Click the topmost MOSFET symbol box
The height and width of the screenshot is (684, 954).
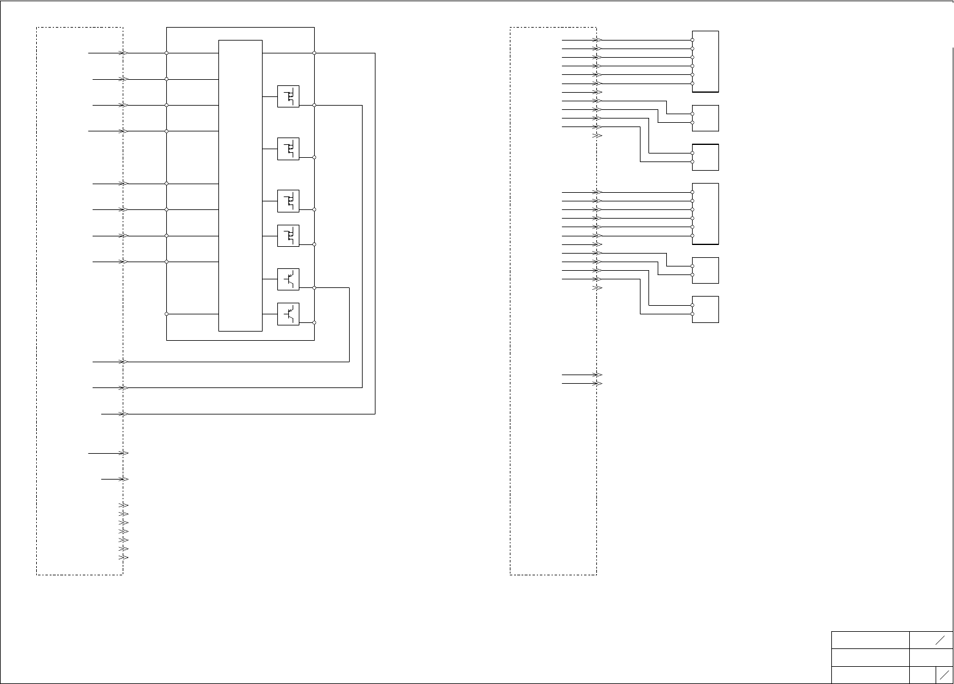[x=288, y=96]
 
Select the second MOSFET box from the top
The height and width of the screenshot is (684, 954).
[x=288, y=149]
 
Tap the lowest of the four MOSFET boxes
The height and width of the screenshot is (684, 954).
[x=288, y=236]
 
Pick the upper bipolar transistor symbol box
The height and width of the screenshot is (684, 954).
[x=288, y=279]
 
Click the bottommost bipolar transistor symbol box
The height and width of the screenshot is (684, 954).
[x=288, y=314]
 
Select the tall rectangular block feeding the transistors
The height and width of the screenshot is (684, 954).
[x=240, y=185]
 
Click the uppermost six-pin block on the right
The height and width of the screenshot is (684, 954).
[x=706, y=61]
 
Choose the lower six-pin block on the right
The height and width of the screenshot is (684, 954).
[x=706, y=214]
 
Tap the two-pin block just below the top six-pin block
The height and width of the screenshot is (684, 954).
[x=706, y=118]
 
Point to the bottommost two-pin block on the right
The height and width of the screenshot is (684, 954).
[x=706, y=309]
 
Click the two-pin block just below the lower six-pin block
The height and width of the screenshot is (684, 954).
[x=706, y=270]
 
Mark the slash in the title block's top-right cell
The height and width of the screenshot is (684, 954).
[x=939, y=640]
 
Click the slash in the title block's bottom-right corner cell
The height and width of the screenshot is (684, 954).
[x=944, y=675]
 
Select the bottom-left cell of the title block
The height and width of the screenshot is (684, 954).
[x=870, y=675]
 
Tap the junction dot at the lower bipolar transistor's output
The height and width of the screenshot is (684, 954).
[x=314, y=322]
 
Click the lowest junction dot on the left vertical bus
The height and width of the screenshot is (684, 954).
[x=167, y=314]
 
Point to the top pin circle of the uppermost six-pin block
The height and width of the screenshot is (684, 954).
[x=693, y=40]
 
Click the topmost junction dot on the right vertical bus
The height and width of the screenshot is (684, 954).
[x=314, y=53]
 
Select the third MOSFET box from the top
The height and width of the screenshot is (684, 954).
[x=288, y=201]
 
